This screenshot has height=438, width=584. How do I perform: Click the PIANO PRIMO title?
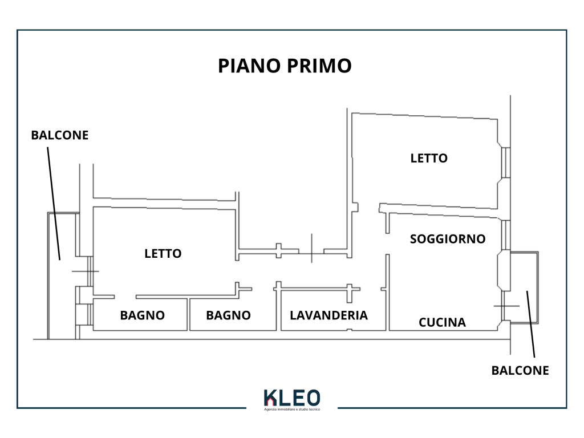pos(285,66)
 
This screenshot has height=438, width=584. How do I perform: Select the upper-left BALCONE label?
pos(60,135)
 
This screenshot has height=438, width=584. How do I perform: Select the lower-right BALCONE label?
pos(520,370)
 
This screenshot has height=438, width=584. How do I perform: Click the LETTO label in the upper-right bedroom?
pos(429,158)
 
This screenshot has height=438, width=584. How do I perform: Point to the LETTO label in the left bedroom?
pos(163,253)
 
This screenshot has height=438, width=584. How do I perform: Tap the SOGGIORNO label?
pos(448,239)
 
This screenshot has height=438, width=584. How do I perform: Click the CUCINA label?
pos(442,322)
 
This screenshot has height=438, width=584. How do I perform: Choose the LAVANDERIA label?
pos(328,315)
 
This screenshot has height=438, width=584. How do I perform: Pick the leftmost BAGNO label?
pos(143,315)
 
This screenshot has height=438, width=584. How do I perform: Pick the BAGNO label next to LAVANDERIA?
pos(228,315)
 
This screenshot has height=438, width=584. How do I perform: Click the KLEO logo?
pos(292,398)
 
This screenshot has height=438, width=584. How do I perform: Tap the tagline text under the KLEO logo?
pos(292,409)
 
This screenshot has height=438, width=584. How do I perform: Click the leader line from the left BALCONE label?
pos(54,200)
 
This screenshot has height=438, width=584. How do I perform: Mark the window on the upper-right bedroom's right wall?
pos(505,163)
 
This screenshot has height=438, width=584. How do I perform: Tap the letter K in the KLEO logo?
pos(269,398)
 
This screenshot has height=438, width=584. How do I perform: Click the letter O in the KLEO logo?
pos(313,398)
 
